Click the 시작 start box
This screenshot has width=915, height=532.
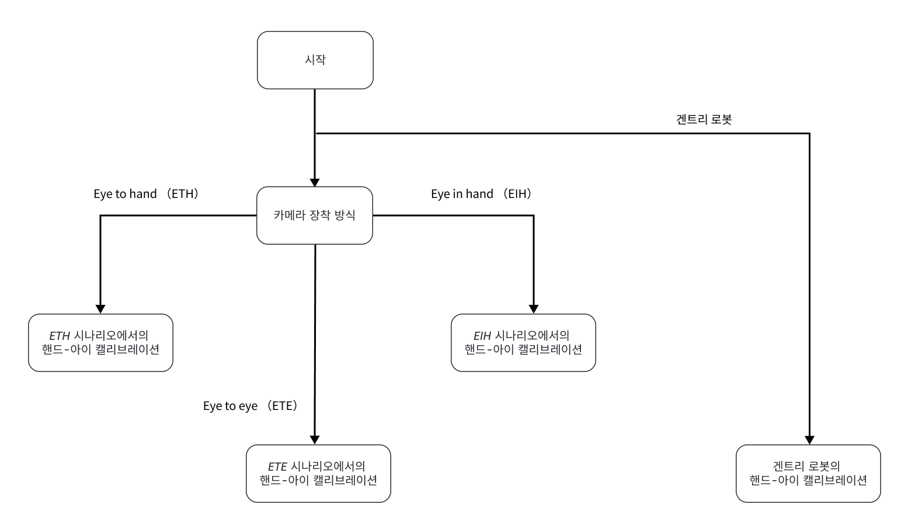(x=315, y=60)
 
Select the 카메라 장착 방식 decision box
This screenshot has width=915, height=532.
(x=315, y=215)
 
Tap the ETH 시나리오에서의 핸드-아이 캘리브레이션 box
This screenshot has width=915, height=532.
(x=100, y=343)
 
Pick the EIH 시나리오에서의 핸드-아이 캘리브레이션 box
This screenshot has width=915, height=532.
(x=523, y=343)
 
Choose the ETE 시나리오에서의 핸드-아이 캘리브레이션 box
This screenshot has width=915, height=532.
(x=318, y=474)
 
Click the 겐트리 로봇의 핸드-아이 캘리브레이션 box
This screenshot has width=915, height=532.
(x=808, y=474)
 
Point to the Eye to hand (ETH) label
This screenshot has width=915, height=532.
(x=147, y=194)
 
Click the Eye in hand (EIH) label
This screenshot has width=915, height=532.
(x=482, y=194)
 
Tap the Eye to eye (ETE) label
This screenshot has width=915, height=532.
(x=251, y=406)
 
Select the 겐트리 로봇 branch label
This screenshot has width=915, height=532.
(x=704, y=120)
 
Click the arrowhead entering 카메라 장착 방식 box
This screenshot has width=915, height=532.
(x=315, y=183)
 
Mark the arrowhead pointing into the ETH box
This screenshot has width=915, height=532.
(x=100, y=310)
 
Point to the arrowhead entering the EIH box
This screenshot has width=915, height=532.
(x=533, y=310)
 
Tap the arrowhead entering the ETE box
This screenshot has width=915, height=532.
(x=315, y=440)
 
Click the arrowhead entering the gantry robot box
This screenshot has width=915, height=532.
(x=809, y=440)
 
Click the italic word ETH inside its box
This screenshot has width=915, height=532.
(x=60, y=336)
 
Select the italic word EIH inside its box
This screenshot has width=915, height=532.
(x=482, y=336)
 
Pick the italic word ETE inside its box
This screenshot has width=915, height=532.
(x=277, y=467)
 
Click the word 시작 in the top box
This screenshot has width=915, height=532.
(x=315, y=60)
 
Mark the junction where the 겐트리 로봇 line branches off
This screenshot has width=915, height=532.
(x=315, y=134)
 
